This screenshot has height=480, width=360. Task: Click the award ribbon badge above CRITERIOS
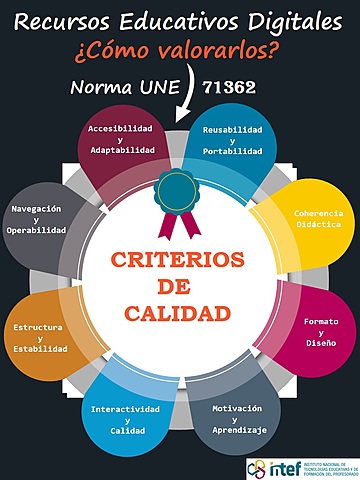point(179,201)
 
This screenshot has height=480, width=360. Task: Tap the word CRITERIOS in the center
point(178,260)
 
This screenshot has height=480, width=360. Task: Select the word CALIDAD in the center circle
point(178,314)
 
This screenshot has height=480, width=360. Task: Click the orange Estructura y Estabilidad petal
point(40,337)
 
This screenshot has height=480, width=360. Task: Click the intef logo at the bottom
point(300,467)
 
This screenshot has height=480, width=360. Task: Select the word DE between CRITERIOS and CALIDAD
point(178,287)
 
